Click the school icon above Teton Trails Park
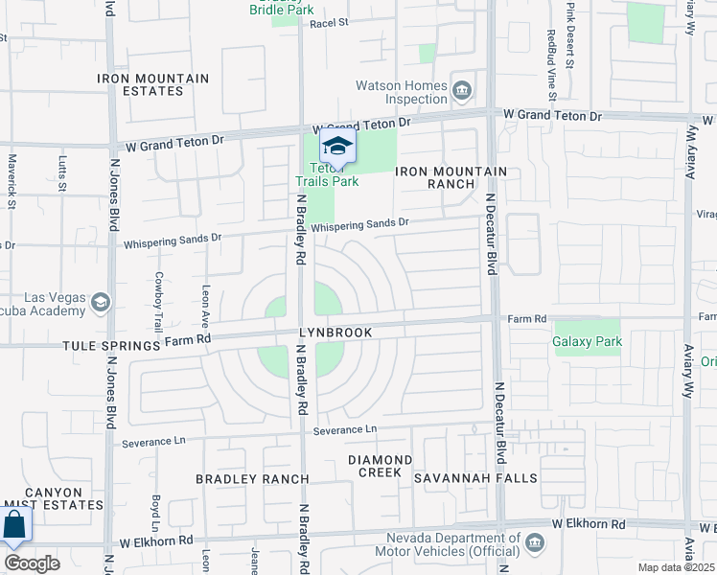click(x=337, y=147)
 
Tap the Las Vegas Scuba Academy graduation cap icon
click(x=99, y=304)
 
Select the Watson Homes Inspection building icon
click(x=462, y=91)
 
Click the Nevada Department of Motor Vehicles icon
click(x=535, y=543)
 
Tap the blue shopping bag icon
click(x=14, y=526)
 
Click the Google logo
click(x=32, y=563)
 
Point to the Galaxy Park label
click(x=588, y=341)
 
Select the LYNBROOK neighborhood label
click(x=334, y=331)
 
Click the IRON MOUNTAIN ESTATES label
click(x=153, y=84)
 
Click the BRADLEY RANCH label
click(x=252, y=478)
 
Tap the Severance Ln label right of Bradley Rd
click(x=345, y=429)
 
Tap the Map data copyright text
click(x=677, y=567)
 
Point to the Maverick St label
click(x=12, y=181)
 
